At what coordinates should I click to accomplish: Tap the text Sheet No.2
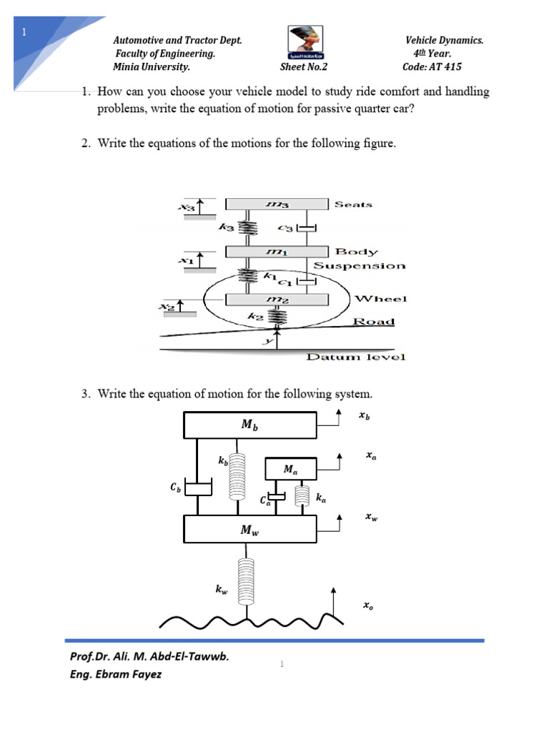[x=303, y=67]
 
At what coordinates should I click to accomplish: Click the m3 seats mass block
[x=276, y=204]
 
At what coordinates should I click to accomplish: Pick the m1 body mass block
[x=276, y=251]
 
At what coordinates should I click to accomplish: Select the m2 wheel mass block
[x=276, y=299]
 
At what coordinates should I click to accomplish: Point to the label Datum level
[x=355, y=356]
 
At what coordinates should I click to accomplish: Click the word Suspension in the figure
[x=360, y=266]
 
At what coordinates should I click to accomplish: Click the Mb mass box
[x=250, y=425]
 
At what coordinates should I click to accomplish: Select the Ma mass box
[x=290, y=470]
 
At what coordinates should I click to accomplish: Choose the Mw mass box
[x=250, y=530]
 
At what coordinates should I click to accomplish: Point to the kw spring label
[x=222, y=590]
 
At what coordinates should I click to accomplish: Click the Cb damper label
[x=175, y=488]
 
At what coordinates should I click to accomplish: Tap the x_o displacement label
[x=367, y=606]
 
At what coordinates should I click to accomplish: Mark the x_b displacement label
[x=364, y=415]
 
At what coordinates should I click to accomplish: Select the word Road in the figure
[x=374, y=321]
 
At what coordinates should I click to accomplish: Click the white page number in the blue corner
[x=24, y=32]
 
